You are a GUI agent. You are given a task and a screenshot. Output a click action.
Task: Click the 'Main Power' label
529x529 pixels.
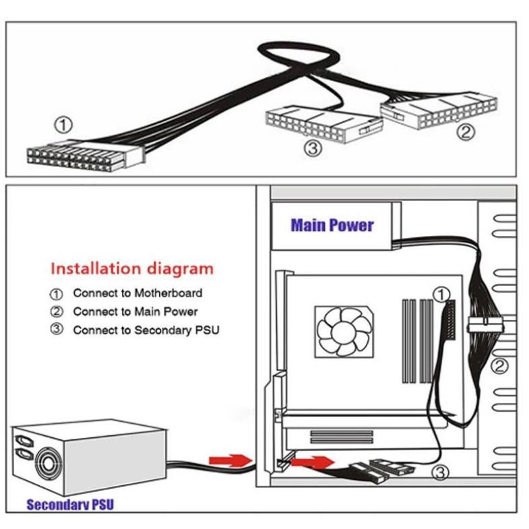pyautogui.click(x=332, y=225)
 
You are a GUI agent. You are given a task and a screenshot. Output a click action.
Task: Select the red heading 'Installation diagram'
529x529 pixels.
pyautogui.click(x=132, y=268)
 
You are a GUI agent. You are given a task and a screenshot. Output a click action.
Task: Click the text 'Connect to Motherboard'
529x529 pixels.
pyautogui.click(x=137, y=293)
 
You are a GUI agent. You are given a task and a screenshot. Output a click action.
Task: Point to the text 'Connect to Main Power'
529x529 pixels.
pyautogui.click(x=135, y=311)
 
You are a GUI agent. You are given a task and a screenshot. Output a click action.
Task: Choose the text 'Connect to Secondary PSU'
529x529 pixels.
pyautogui.click(x=146, y=330)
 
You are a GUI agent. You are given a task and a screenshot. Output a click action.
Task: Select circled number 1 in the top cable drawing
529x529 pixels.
pyautogui.click(x=63, y=125)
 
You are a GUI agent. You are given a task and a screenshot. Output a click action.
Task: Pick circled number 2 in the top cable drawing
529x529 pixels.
pyautogui.click(x=465, y=132)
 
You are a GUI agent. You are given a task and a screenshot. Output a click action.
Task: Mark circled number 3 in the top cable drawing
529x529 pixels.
pyautogui.click(x=311, y=148)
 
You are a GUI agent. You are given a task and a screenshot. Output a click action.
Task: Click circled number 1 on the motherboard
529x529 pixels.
pyautogui.click(x=440, y=294)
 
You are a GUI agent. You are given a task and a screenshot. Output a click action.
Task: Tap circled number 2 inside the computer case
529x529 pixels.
pyautogui.click(x=499, y=367)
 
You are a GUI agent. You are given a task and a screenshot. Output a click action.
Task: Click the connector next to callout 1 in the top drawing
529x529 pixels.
pyautogui.click(x=85, y=156)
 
